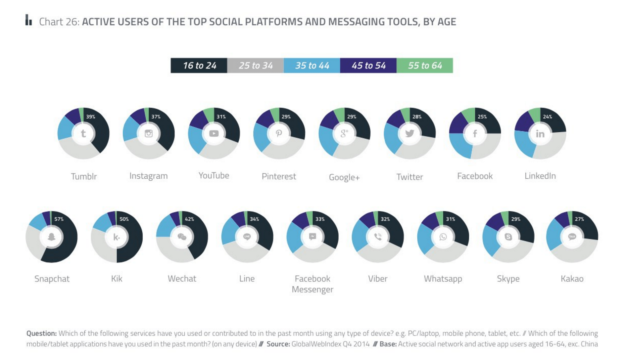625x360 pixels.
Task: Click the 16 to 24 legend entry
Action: click(199, 66)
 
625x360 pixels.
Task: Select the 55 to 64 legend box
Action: click(425, 66)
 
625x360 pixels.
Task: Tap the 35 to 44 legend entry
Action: click(312, 66)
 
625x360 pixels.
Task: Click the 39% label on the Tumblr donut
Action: click(91, 117)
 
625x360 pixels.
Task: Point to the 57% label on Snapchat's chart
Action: click(59, 219)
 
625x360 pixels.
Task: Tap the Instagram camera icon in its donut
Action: click(149, 133)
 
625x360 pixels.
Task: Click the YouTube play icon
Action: click(214, 133)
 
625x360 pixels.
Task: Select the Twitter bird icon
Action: click(409, 133)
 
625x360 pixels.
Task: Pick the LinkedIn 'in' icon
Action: click(540, 134)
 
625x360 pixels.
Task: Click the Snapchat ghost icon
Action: click(51, 237)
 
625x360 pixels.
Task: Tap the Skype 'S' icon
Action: click(508, 237)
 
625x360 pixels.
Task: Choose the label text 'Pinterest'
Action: click(279, 176)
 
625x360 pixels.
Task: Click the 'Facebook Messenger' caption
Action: click(312, 284)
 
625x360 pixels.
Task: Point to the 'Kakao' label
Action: click(572, 279)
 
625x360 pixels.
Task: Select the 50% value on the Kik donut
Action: click(124, 219)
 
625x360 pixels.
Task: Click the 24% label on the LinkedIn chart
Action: click(548, 117)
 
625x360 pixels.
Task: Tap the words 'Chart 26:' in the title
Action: click(59, 22)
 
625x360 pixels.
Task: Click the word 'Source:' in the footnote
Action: click(278, 344)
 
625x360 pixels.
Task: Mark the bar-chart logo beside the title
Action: click(29, 20)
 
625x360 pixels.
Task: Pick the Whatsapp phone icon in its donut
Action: click(443, 237)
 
